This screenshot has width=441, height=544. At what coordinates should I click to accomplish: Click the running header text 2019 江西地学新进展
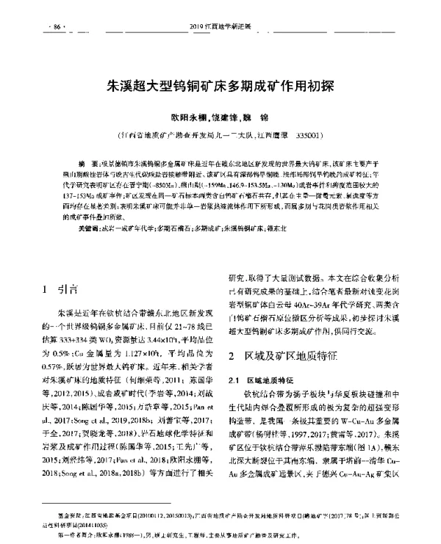(220, 27)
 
